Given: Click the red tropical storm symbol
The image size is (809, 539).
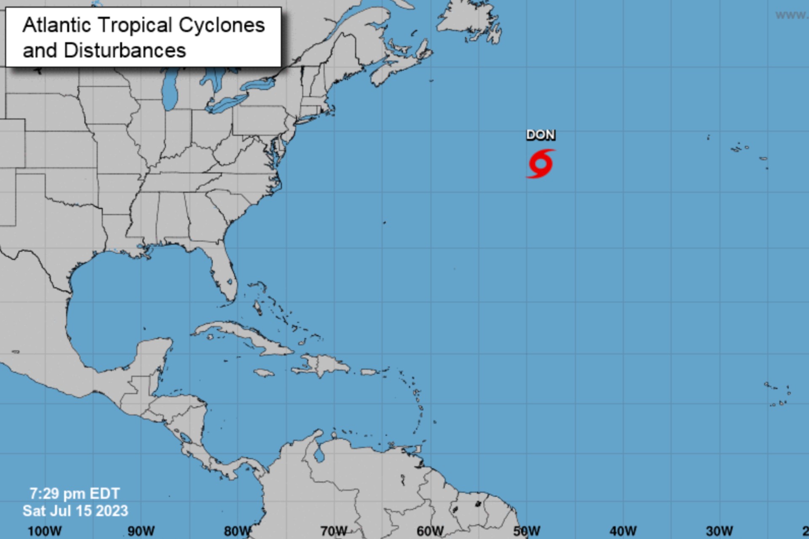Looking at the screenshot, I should click(x=541, y=164).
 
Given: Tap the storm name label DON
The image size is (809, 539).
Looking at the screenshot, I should click(x=541, y=135).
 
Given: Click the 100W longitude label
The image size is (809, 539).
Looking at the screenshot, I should click(x=44, y=531).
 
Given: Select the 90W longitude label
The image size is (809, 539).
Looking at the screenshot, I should click(x=141, y=531).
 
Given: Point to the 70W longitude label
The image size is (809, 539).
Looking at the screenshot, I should click(x=334, y=531).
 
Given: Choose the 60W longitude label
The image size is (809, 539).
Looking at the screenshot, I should click(x=430, y=531).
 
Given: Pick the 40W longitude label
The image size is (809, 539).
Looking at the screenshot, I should click(x=623, y=531).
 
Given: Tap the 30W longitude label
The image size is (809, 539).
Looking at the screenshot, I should click(x=719, y=531).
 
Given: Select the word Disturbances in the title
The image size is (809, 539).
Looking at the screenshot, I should click(x=125, y=51).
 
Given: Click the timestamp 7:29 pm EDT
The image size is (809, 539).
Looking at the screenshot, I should click(x=75, y=493).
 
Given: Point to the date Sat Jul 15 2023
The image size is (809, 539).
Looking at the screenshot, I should click(x=75, y=511).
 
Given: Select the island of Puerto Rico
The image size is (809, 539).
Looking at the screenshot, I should click(x=370, y=372).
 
